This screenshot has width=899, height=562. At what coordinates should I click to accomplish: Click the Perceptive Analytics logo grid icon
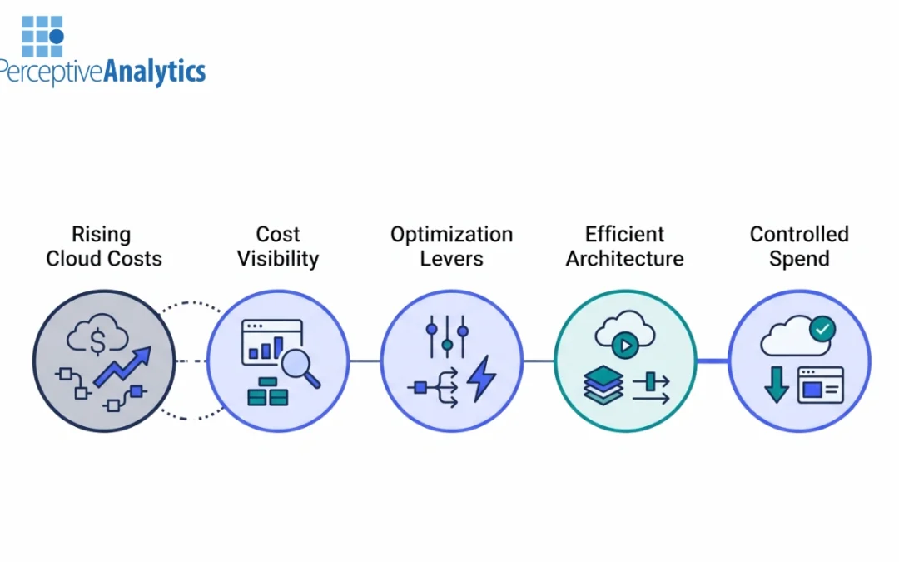click(42, 37)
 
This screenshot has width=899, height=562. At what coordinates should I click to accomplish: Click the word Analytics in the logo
click(154, 72)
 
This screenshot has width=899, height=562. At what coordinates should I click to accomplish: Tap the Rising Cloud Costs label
click(103, 246)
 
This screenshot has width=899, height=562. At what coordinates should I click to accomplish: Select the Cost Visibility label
click(277, 246)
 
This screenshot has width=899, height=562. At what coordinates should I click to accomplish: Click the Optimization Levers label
click(451, 246)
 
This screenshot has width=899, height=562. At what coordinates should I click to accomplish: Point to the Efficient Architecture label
click(624, 246)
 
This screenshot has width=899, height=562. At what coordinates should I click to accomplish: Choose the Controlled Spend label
click(799, 246)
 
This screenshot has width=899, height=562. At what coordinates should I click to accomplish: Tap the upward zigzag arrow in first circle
click(123, 368)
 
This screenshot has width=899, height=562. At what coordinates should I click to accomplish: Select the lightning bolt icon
click(481, 379)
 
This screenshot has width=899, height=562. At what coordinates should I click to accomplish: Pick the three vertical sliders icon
click(447, 335)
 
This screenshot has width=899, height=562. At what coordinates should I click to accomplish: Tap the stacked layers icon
click(603, 385)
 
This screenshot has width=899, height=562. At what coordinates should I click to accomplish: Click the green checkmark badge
click(822, 330)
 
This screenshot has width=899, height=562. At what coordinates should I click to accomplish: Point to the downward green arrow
click(776, 385)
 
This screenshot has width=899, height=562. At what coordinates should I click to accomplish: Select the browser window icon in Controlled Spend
click(820, 385)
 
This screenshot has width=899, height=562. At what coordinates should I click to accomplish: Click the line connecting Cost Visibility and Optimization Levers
click(365, 361)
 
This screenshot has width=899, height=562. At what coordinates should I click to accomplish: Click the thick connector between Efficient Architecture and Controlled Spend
click(712, 361)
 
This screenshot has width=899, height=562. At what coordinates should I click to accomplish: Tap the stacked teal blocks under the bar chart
click(267, 392)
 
